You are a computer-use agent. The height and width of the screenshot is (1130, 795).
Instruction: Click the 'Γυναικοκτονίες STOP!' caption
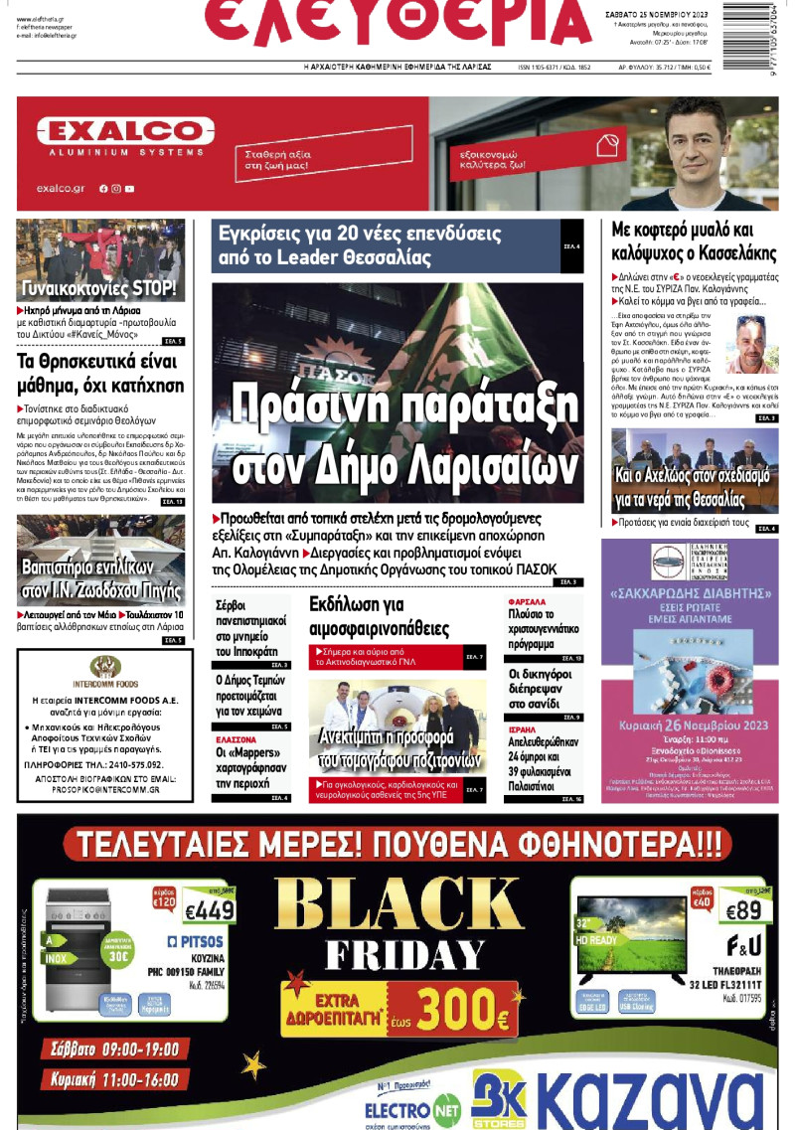(x=99, y=290)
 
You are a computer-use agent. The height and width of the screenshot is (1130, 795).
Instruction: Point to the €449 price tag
(x=210, y=910)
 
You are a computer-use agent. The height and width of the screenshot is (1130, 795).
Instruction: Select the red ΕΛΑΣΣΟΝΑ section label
(x=237, y=740)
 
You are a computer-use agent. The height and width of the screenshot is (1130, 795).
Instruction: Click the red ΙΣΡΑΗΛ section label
(x=523, y=727)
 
